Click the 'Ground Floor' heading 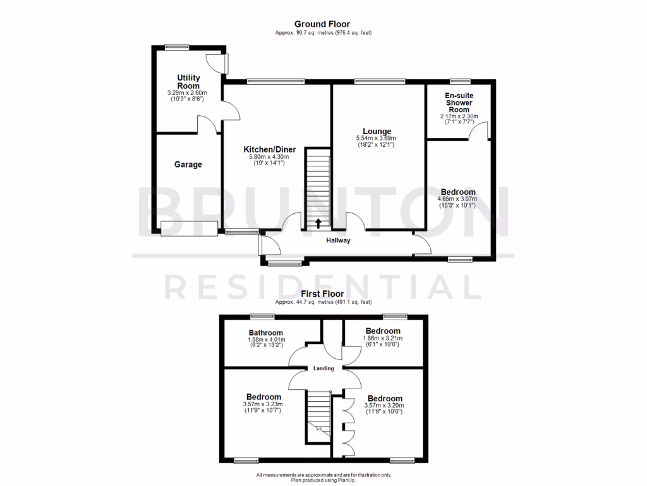coord(323,25)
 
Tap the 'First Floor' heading coord(322,294)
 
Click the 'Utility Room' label coord(188,82)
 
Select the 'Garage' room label coord(188,165)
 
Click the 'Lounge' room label coord(377,132)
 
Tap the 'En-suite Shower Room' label coord(459,103)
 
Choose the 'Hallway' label coord(338,240)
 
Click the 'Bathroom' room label coord(265,332)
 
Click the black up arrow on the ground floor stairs coord(318,222)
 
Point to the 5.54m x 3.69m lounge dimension coord(377,139)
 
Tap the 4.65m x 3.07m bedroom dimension coord(458,199)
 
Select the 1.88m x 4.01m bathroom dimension coord(265,339)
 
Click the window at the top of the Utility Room coord(178,46)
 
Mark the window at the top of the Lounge coord(380,80)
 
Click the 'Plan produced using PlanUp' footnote coord(323,480)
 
